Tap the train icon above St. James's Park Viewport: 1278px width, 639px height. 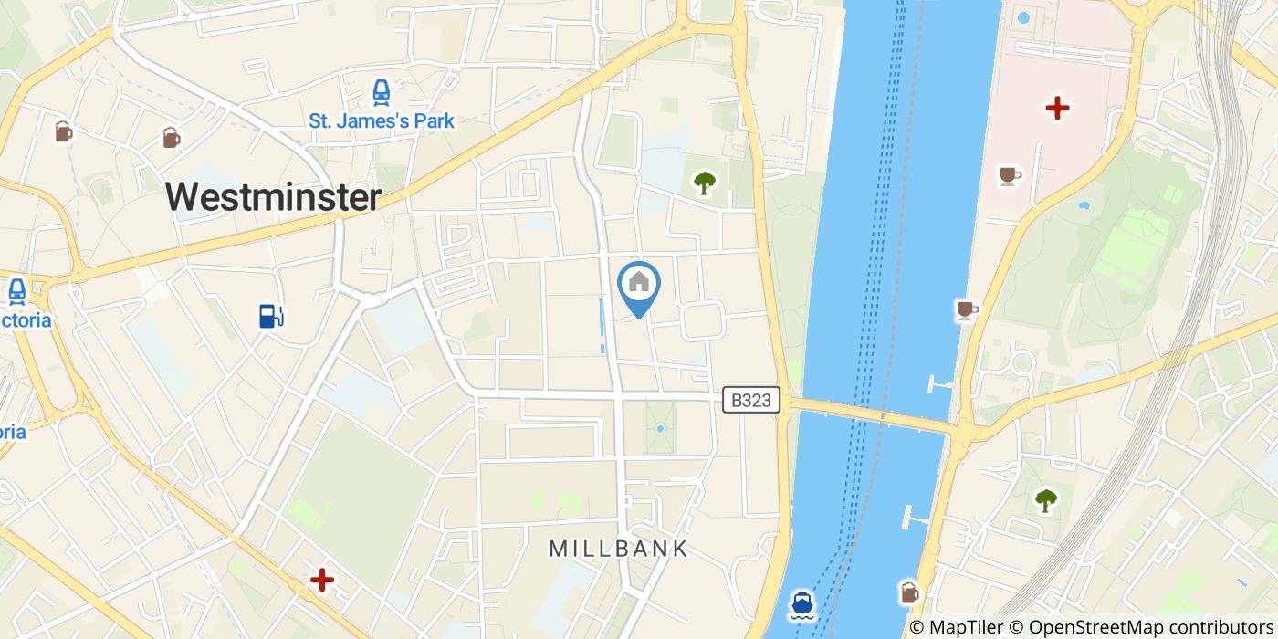381,92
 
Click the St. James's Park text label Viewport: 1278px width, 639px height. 382,120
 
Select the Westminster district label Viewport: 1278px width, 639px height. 274,197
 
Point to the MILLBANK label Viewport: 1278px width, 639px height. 618,549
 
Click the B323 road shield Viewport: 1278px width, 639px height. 751,400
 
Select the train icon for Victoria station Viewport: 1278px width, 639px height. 16,292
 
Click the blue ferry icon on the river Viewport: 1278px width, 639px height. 802,603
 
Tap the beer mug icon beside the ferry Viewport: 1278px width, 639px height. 909,592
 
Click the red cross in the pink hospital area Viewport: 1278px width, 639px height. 1057,109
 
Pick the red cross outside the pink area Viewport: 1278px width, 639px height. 321,580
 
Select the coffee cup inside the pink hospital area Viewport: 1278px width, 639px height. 1009,175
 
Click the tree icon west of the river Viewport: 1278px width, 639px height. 704,183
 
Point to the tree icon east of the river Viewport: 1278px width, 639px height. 1045,500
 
